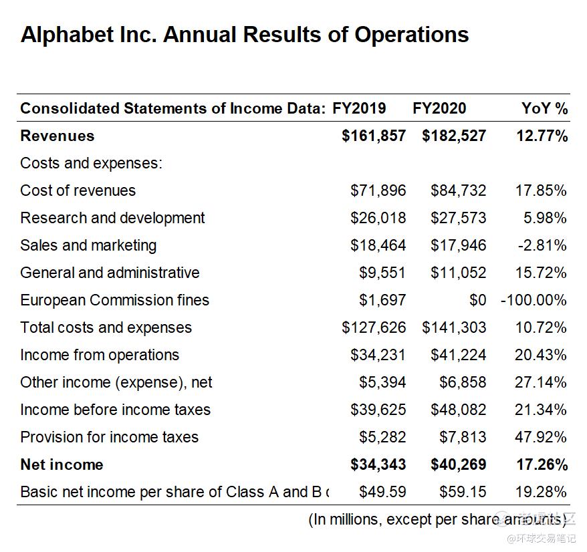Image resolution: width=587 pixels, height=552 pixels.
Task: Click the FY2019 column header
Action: tap(359, 108)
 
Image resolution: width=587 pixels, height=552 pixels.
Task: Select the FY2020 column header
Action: tap(439, 108)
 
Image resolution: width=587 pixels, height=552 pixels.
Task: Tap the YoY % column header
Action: tap(544, 108)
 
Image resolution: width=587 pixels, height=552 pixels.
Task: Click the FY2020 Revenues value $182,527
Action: tap(454, 136)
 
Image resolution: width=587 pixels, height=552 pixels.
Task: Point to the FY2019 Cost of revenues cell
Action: tap(378, 190)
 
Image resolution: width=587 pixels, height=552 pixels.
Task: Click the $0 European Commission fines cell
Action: tap(477, 300)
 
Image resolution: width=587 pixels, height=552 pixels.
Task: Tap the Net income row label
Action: tap(62, 464)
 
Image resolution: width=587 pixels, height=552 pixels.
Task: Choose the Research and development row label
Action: tap(112, 218)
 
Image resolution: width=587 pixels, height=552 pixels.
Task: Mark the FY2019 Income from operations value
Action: tap(378, 355)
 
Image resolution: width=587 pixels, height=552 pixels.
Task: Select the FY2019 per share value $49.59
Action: tap(382, 492)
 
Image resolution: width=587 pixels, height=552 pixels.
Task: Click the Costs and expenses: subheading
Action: tap(91, 163)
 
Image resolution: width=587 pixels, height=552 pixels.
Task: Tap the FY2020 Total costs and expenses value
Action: tap(454, 327)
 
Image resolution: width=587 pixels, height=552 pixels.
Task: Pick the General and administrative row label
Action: tap(110, 273)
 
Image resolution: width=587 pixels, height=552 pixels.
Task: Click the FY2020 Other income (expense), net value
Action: tap(463, 382)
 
